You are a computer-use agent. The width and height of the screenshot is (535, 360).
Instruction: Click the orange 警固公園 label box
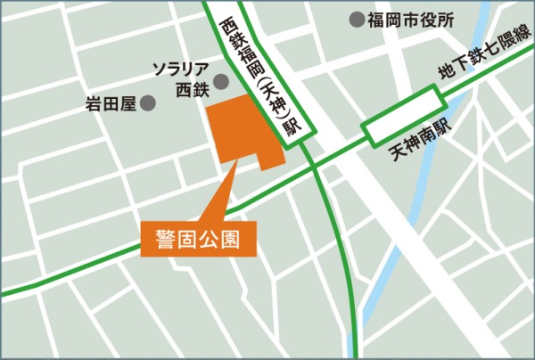pos(198,239)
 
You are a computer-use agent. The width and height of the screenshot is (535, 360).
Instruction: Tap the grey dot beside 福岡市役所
pos(356,18)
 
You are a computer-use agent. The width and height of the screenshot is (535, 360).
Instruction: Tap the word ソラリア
pos(181,69)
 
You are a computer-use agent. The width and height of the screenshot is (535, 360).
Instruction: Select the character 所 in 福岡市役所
pos(447,19)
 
